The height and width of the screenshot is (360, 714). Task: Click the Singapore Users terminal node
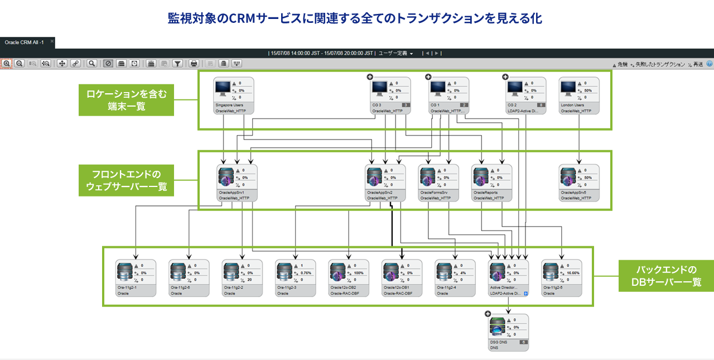pyautogui.click(x=234, y=95)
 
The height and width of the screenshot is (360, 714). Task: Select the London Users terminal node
pyautogui.click(x=579, y=95)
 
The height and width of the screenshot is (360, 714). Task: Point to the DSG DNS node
pyautogui.click(x=509, y=332)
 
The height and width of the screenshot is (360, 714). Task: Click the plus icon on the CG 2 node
pyautogui.click(x=505, y=78)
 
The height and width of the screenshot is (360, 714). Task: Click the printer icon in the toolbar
pyautogui.click(x=194, y=64)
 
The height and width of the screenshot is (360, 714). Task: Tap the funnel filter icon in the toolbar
pyautogui.click(x=177, y=64)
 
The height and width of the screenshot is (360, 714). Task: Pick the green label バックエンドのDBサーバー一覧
pyautogui.click(x=665, y=276)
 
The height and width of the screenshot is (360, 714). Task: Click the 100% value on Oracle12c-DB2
pyautogui.click(x=359, y=272)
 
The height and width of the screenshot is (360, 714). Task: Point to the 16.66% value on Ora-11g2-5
pyautogui.click(x=573, y=272)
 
